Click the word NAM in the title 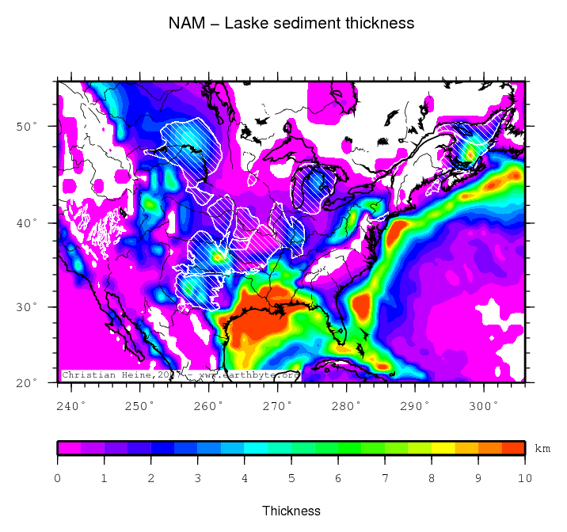click(185, 23)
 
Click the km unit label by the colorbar click(542, 448)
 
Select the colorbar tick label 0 click(58, 478)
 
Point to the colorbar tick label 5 click(291, 478)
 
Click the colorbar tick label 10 click(524, 478)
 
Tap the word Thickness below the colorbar click(291, 511)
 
